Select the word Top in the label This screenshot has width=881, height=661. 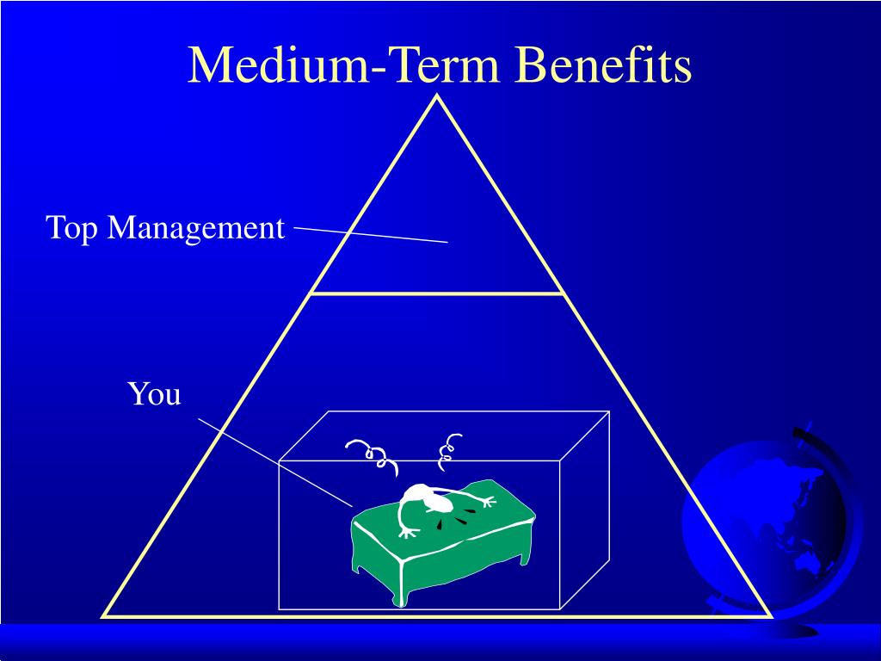(x=72, y=228)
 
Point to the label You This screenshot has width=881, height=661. (x=155, y=394)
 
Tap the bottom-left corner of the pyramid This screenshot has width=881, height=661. (x=105, y=615)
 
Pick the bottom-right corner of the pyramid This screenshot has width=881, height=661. (x=769, y=615)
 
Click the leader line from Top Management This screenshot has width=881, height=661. (x=370, y=235)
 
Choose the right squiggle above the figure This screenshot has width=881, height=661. (x=448, y=451)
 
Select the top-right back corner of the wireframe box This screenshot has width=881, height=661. (x=609, y=411)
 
